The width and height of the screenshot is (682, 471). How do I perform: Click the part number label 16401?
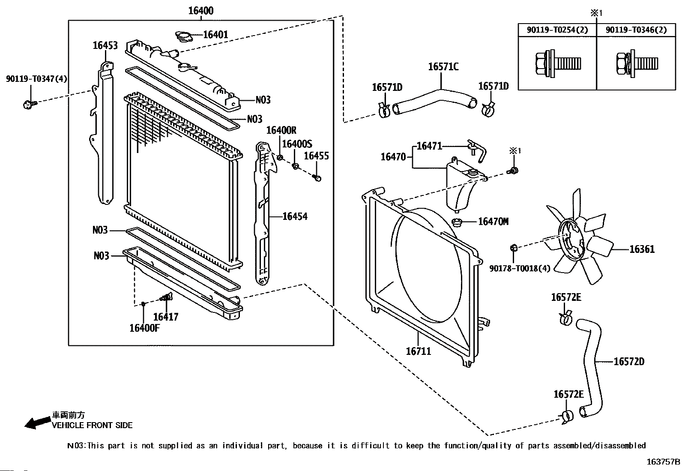[215, 34]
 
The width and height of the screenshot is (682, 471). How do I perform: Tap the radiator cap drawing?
[184, 36]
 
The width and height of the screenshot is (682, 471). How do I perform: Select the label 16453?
[105, 45]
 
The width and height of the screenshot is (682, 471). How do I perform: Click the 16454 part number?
[295, 216]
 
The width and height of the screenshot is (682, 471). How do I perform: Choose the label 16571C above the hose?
[443, 66]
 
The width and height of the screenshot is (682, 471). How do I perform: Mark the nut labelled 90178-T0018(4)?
[514, 247]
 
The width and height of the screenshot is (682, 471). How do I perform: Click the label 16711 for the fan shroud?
[418, 351]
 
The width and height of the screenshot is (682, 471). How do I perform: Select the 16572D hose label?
[628, 362]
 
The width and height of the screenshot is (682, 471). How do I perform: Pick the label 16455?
[316, 156]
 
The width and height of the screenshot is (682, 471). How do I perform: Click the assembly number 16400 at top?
[201, 11]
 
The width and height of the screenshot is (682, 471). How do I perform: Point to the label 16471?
[429, 146]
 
